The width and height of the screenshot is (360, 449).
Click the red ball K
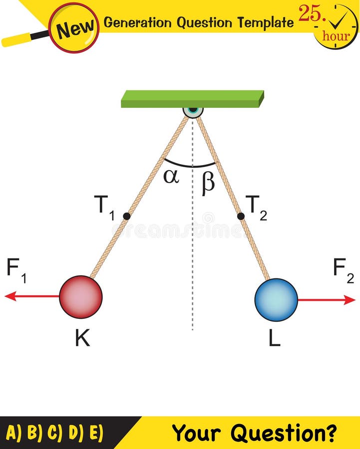pos(80,296)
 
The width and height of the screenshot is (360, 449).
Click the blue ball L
pos(276,300)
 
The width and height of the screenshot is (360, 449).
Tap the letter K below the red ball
pos(82,339)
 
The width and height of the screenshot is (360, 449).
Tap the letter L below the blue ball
pos(274,339)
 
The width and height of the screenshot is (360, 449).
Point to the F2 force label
pos(343,270)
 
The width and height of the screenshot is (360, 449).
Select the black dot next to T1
pos(126,216)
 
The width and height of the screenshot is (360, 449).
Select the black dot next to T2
pos(241,216)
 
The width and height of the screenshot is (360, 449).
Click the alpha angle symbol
pos(171,176)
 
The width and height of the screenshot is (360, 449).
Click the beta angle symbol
pos(208,183)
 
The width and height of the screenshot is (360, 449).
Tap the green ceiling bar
pos(192,99)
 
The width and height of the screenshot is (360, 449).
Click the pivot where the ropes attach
pos(193,110)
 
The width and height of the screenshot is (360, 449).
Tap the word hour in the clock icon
pos(336,36)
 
